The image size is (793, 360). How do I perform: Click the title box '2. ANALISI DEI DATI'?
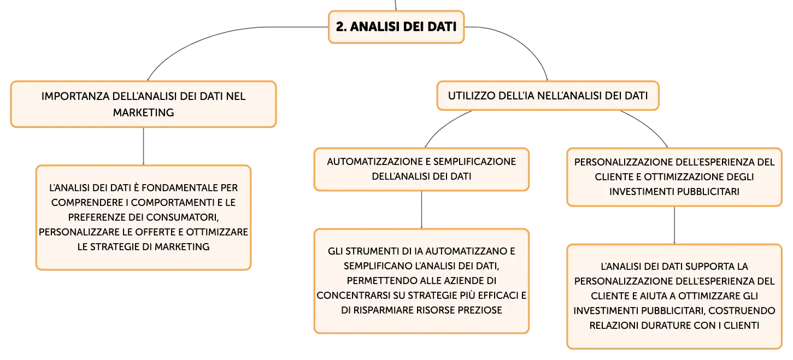396,27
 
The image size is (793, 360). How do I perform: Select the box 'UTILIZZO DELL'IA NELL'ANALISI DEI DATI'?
548,96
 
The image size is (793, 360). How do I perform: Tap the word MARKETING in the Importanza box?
143,113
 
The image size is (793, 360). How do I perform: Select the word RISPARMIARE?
383,310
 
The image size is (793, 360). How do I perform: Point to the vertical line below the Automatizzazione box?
421,210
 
